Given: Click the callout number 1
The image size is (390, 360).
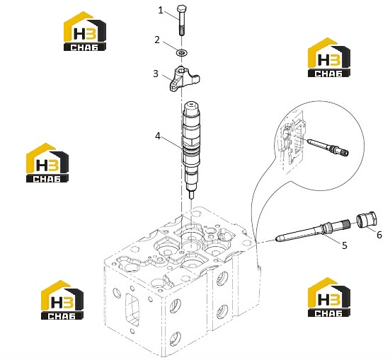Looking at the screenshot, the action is [x=161, y=11].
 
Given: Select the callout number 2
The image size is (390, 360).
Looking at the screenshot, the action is [x=157, y=40].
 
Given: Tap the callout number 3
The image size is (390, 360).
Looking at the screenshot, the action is [x=156, y=74].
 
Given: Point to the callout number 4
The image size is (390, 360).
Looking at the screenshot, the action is [x=158, y=136].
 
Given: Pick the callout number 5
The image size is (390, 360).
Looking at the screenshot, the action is [x=345, y=245].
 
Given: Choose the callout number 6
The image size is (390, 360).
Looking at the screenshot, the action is [x=379, y=235].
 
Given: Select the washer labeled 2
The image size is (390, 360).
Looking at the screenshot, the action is [x=182, y=53].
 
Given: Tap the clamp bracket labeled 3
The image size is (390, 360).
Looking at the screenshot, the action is [x=184, y=79].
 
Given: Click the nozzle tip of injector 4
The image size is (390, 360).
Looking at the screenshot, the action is [x=191, y=194].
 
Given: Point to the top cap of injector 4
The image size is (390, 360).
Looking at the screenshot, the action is [x=191, y=107].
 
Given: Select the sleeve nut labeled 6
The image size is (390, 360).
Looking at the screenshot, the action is [x=367, y=219].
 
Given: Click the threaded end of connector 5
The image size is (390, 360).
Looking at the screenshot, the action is [x=345, y=223].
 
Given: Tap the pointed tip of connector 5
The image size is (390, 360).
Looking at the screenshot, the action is [x=278, y=238].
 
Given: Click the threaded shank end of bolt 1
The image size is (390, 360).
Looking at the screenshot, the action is [x=181, y=31].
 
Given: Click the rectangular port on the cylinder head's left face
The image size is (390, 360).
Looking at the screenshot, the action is [x=132, y=310].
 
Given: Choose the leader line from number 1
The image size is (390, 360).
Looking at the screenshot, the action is [x=171, y=16].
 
